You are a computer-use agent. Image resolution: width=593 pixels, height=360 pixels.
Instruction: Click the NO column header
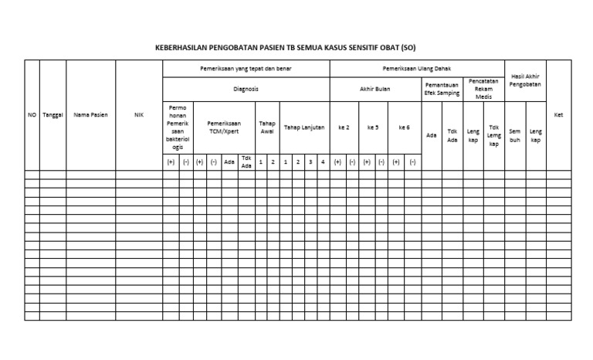click(32, 115)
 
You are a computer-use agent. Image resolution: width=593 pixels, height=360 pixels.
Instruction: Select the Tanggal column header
click(53, 115)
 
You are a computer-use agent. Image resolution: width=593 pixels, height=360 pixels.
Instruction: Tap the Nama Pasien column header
click(90, 115)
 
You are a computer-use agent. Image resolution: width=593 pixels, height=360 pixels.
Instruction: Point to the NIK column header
click(139, 115)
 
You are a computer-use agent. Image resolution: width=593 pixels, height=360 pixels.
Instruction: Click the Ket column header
click(559, 115)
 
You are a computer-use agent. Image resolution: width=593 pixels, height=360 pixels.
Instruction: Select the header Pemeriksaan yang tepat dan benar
click(246, 69)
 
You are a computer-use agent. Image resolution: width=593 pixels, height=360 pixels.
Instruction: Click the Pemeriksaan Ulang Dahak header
click(417, 69)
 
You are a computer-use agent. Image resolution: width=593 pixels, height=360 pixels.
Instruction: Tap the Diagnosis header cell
click(246, 89)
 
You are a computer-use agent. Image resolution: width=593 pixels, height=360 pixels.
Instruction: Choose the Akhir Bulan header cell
click(375, 89)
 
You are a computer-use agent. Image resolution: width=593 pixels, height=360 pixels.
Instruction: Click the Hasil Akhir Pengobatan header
click(525, 80)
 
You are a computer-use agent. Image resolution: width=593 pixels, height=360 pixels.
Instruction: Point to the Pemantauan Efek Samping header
click(442, 89)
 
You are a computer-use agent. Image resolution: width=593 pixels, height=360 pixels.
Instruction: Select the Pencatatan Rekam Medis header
click(483, 89)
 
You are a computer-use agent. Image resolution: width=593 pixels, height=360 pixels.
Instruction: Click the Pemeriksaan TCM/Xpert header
click(224, 127)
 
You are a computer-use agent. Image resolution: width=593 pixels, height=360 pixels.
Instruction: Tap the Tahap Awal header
click(267, 127)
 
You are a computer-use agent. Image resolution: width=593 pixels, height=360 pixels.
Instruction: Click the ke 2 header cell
click(344, 127)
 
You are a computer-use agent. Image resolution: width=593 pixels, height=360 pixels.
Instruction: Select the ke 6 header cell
click(404, 127)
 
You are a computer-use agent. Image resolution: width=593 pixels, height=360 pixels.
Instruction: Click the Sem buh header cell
click(514, 135)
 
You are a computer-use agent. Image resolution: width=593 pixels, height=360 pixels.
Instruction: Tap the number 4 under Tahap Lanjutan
click(323, 162)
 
